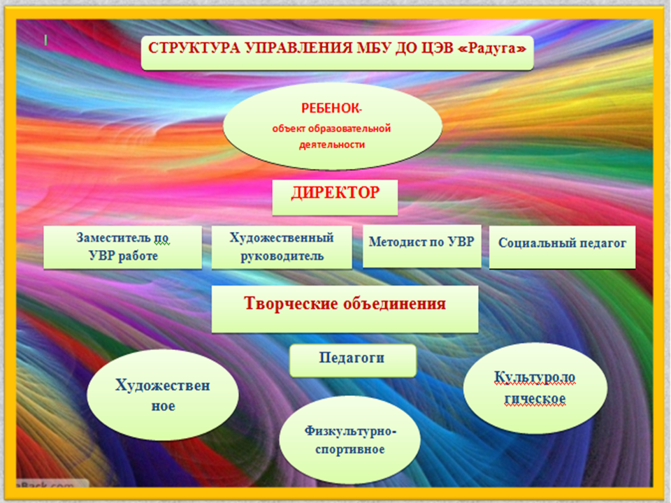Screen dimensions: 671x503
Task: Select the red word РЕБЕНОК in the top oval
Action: pyautogui.click(x=330, y=109)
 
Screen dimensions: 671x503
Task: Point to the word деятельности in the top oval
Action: pyautogui.click(x=332, y=145)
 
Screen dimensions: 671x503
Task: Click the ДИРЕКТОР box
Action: pyautogui.click(x=335, y=197)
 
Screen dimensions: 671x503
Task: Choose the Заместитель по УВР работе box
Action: pyautogui.click(x=123, y=247)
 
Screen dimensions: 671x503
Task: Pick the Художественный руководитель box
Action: pyautogui.click(x=282, y=247)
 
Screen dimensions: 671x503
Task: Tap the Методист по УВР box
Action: pyautogui.click(x=422, y=246)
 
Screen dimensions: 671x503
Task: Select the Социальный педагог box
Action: pyautogui.click(x=562, y=247)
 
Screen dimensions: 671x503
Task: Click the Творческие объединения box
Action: pyautogui.click(x=345, y=309)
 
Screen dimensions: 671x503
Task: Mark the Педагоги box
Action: pyautogui.click(x=352, y=360)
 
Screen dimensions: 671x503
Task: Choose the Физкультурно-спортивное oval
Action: pyautogui.click(x=350, y=440)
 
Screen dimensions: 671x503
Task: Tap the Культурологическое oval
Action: pyautogui.click(x=535, y=388)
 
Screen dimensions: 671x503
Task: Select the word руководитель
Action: pyautogui.click(x=282, y=256)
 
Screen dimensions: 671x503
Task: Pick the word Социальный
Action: pyautogui.click(x=529, y=243)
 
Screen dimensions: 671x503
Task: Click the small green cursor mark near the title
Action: pyautogui.click(x=45, y=41)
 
